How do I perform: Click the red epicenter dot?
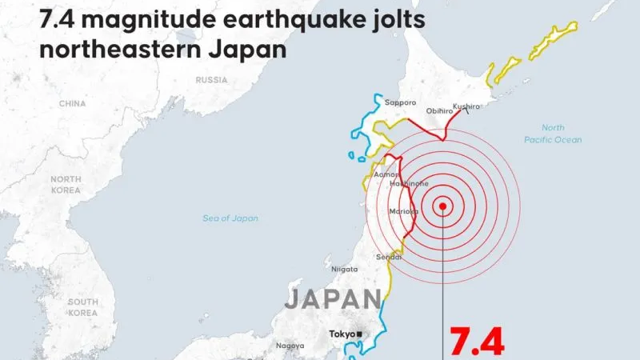(442, 206)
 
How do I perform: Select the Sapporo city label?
(400, 102)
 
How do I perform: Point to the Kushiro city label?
(466, 106)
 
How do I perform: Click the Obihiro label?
(439, 111)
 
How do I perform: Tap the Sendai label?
(388, 257)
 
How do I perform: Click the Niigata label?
(344, 269)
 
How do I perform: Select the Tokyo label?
(342, 334)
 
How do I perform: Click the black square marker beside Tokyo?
(360, 334)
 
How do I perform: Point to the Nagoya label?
(290, 346)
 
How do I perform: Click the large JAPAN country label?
(332, 299)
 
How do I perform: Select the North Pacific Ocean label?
(553, 134)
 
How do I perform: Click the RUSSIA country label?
(212, 79)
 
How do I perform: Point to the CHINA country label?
(72, 103)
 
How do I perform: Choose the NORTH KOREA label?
(66, 185)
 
